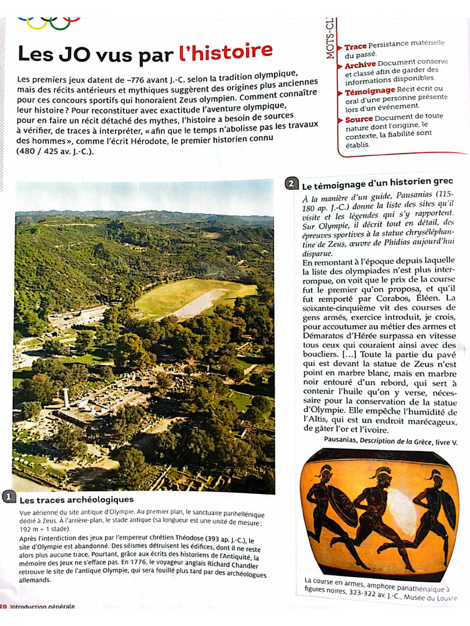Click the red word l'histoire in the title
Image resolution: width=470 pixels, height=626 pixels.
pos(225,52)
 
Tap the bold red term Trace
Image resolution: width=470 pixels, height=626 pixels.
pos(355,46)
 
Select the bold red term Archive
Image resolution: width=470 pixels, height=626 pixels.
pos(360,65)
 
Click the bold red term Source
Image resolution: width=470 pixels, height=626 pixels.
pos(359,119)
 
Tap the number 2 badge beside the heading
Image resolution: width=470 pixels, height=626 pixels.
pos(292,183)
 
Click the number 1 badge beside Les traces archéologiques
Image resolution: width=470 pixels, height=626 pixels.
pos(9,496)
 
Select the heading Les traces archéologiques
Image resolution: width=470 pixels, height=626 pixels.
pos(76,499)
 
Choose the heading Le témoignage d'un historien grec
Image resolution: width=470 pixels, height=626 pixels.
pos(377,183)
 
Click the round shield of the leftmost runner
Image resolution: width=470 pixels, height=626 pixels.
pos(343,505)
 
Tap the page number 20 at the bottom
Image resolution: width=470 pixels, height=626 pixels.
pos(3,606)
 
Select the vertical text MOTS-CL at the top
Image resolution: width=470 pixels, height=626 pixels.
pos(330,37)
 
